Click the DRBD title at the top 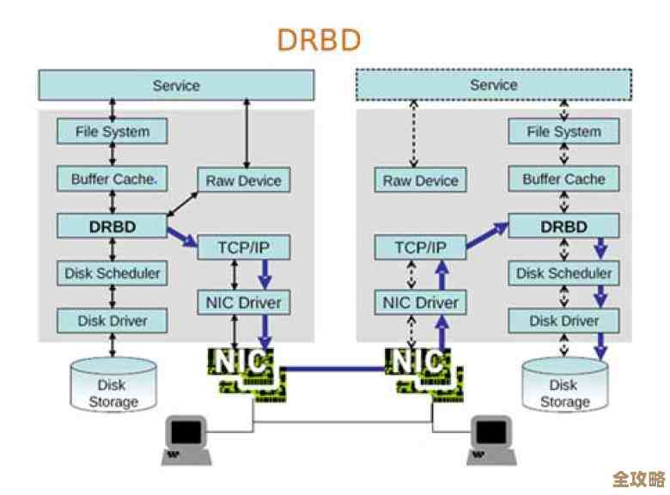(x=319, y=40)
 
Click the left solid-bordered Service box (x=176, y=85)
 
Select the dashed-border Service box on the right (x=493, y=85)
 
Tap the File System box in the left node (x=113, y=131)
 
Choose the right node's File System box (x=563, y=131)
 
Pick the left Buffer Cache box (x=113, y=179)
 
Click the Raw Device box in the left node (x=244, y=180)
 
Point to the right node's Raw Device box (x=420, y=180)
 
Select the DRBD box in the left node (x=113, y=226)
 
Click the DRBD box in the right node (x=563, y=226)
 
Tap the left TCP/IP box (x=244, y=247)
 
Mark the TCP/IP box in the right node (x=420, y=247)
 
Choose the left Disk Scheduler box (x=113, y=273)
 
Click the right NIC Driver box (x=420, y=302)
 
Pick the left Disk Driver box (x=113, y=321)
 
